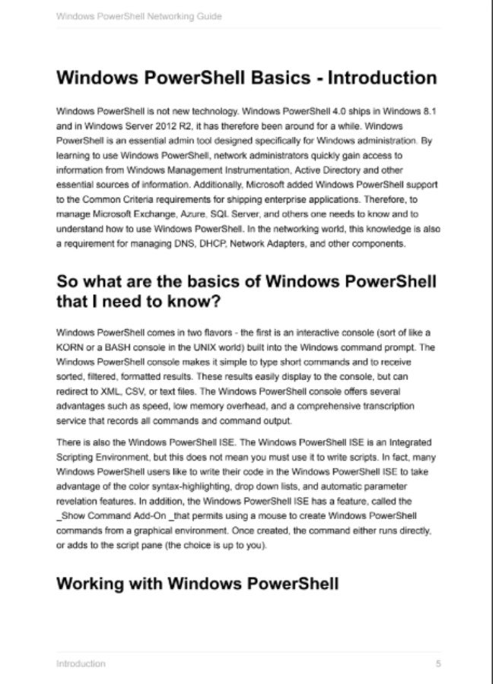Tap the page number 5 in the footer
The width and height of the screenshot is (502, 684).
click(x=439, y=663)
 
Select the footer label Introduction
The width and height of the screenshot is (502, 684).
click(x=81, y=663)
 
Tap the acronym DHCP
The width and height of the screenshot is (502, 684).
click(x=208, y=244)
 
